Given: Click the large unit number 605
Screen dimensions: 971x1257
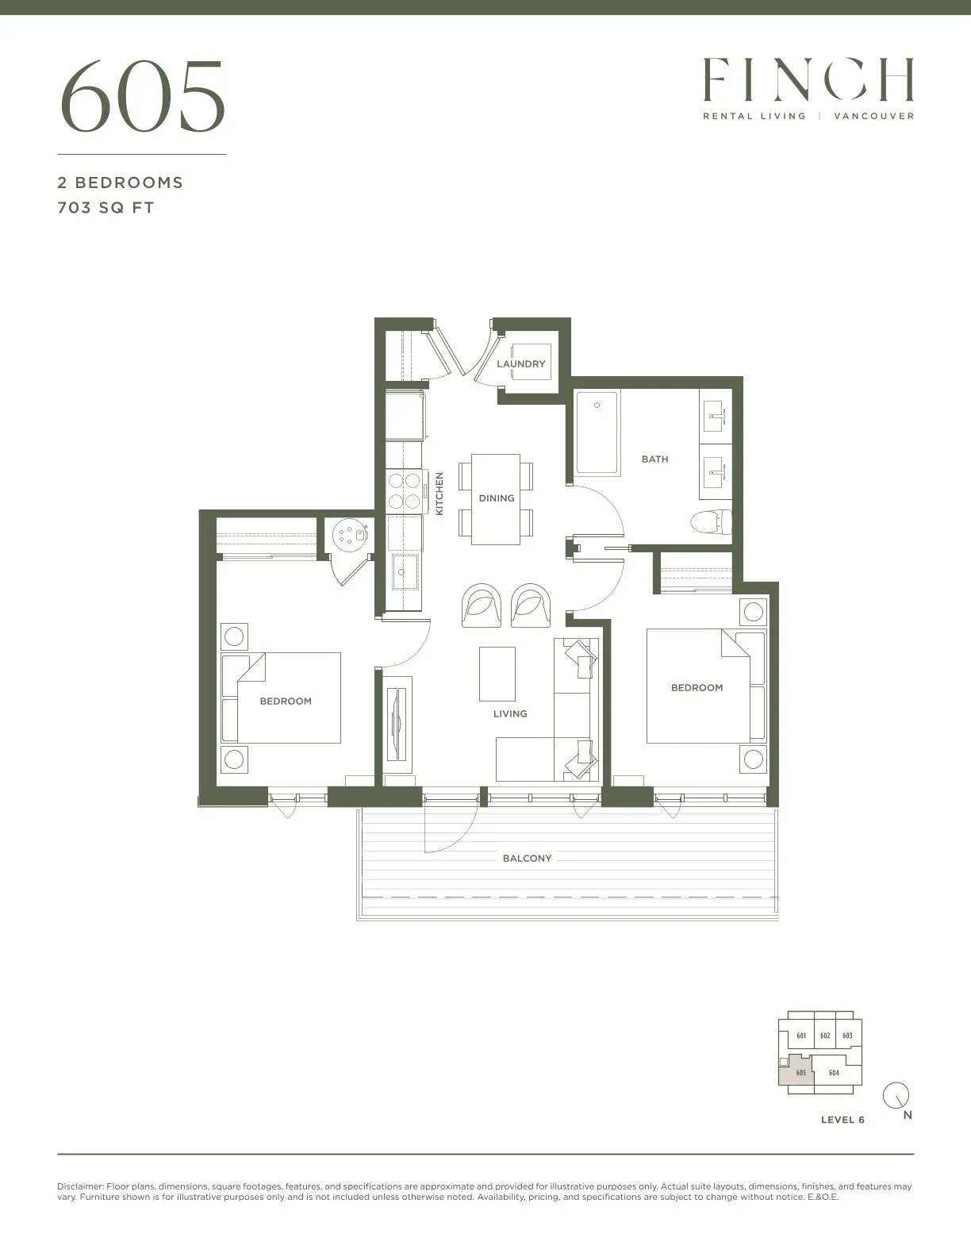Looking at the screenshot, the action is (x=142, y=97).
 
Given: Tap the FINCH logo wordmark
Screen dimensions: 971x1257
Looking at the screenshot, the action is (x=808, y=79).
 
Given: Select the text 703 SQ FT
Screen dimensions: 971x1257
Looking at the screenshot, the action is (x=106, y=208).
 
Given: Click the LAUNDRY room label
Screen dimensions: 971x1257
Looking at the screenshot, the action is (x=520, y=364).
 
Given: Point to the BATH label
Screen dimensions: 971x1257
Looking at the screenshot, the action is (x=654, y=459).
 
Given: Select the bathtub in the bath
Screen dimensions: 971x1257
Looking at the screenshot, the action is (x=597, y=432).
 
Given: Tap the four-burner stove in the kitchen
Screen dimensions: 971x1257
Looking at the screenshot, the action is (x=404, y=490).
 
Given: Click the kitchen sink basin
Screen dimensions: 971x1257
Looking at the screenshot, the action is (x=405, y=571).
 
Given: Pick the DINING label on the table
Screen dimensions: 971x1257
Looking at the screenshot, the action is (x=496, y=498).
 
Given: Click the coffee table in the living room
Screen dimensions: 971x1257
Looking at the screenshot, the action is (x=497, y=674).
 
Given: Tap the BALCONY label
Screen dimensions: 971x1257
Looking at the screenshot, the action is (x=527, y=859).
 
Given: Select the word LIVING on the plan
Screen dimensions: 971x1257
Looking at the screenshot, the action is (x=510, y=714).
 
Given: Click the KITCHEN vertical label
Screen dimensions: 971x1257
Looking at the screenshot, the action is (x=439, y=494).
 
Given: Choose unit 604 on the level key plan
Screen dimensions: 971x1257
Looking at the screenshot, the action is (x=833, y=1072).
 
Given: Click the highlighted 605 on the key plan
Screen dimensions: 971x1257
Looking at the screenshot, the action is (x=800, y=1072).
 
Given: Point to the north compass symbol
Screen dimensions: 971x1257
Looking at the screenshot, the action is (x=896, y=1095).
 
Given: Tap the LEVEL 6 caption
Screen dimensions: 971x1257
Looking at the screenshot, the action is (x=842, y=1120).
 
